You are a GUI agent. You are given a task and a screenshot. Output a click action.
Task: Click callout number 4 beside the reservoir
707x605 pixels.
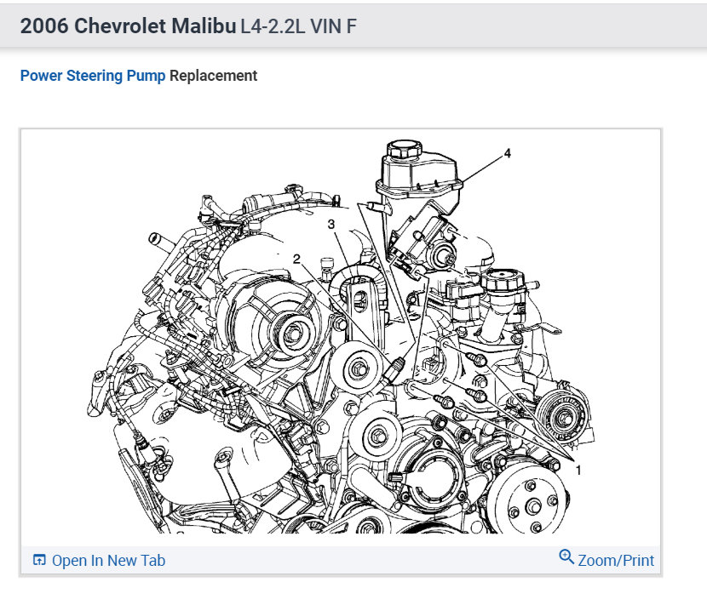pyautogui.click(x=508, y=154)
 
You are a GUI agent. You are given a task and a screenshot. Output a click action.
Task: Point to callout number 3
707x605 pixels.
pyautogui.click(x=331, y=225)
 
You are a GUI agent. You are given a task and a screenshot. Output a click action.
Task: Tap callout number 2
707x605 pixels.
pyautogui.click(x=296, y=259)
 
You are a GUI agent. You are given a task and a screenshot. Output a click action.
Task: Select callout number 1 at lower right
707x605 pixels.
pyautogui.click(x=578, y=471)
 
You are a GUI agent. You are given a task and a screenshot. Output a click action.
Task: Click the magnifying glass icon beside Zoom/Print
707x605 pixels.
pyautogui.click(x=566, y=556)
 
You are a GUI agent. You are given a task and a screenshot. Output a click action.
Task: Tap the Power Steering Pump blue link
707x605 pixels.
pyautogui.click(x=93, y=76)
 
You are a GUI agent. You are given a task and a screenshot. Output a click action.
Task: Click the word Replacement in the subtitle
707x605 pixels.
pyautogui.click(x=213, y=76)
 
